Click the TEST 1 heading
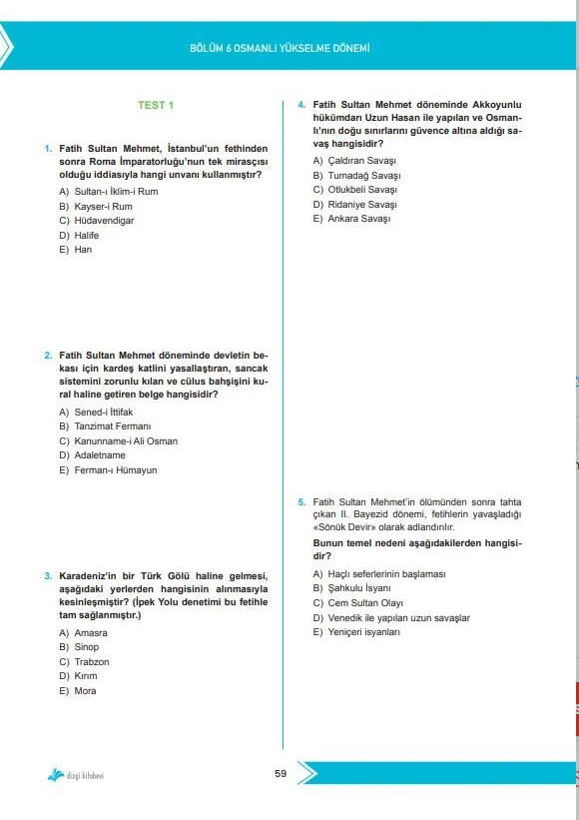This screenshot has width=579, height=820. pyautogui.click(x=155, y=105)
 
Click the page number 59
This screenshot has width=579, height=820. pyautogui.click(x=281, y=771)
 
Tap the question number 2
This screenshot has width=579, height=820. pyautogui.click(x=48, y=355)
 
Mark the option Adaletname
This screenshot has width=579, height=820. pyautogui.click(x=99, y=455)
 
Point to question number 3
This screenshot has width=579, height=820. pyautogui.click(x=48, y=575)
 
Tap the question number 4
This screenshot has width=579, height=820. pyautogui.click(x=301, y=104)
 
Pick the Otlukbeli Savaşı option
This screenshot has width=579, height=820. pyautogui.click(x=347, y=190)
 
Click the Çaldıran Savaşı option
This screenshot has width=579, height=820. pyautogui.click(x=347, y=161)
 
